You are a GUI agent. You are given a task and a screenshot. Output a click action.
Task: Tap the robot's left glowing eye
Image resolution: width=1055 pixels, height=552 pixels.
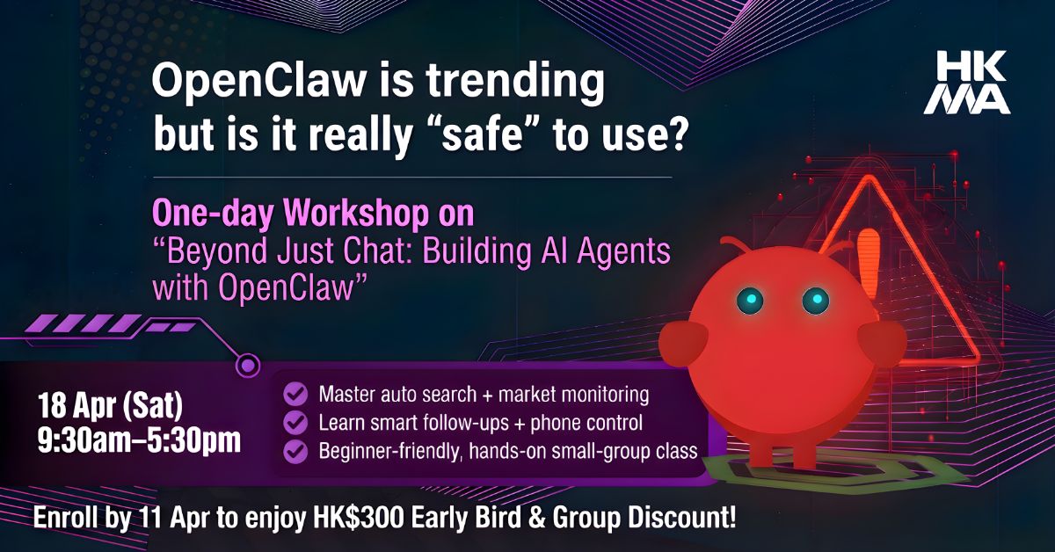(750, 299)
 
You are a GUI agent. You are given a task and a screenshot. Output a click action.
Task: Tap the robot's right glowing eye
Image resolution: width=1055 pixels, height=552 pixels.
(816, 299)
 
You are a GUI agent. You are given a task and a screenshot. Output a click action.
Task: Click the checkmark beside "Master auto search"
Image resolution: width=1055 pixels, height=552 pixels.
(295, 394)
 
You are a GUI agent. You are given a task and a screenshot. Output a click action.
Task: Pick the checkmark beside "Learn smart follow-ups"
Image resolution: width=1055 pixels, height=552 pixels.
(295, 423)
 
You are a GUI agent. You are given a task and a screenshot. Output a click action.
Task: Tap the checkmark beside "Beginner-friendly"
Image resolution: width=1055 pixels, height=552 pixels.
(295, 451)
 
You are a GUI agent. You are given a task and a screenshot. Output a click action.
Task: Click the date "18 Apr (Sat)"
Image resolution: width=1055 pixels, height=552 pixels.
(110, 405)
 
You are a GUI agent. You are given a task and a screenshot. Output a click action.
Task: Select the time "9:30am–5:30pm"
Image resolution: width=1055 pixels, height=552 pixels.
(140, 442)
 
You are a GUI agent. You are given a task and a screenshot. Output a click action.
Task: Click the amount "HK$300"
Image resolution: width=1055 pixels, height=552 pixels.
(359, 518)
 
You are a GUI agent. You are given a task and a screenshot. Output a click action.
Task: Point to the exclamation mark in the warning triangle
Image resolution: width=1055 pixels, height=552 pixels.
(868, 262)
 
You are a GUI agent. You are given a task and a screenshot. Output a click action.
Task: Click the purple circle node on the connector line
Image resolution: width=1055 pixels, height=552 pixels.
(247, 365)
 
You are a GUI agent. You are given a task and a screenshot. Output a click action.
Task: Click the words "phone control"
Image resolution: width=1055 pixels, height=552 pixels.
(586, 423)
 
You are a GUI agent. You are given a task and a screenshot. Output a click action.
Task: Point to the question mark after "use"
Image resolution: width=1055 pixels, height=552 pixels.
(674, 134)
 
